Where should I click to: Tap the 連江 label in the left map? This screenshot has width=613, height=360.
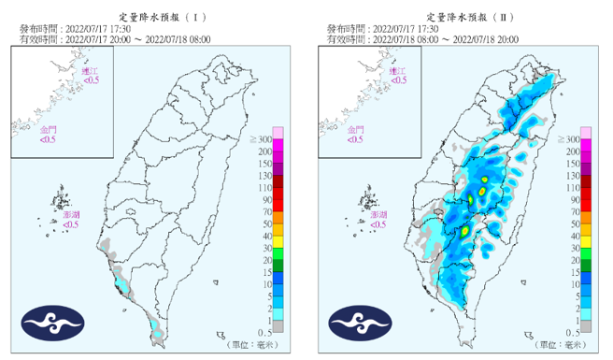click(91, 72)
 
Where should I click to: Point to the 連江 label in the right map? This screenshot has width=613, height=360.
click(398, 72)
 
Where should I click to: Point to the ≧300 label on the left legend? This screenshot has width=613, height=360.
click(262, 139)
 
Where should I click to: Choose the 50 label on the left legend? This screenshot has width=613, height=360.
click(265, 224)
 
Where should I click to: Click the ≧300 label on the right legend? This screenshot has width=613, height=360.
click(569, 139)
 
